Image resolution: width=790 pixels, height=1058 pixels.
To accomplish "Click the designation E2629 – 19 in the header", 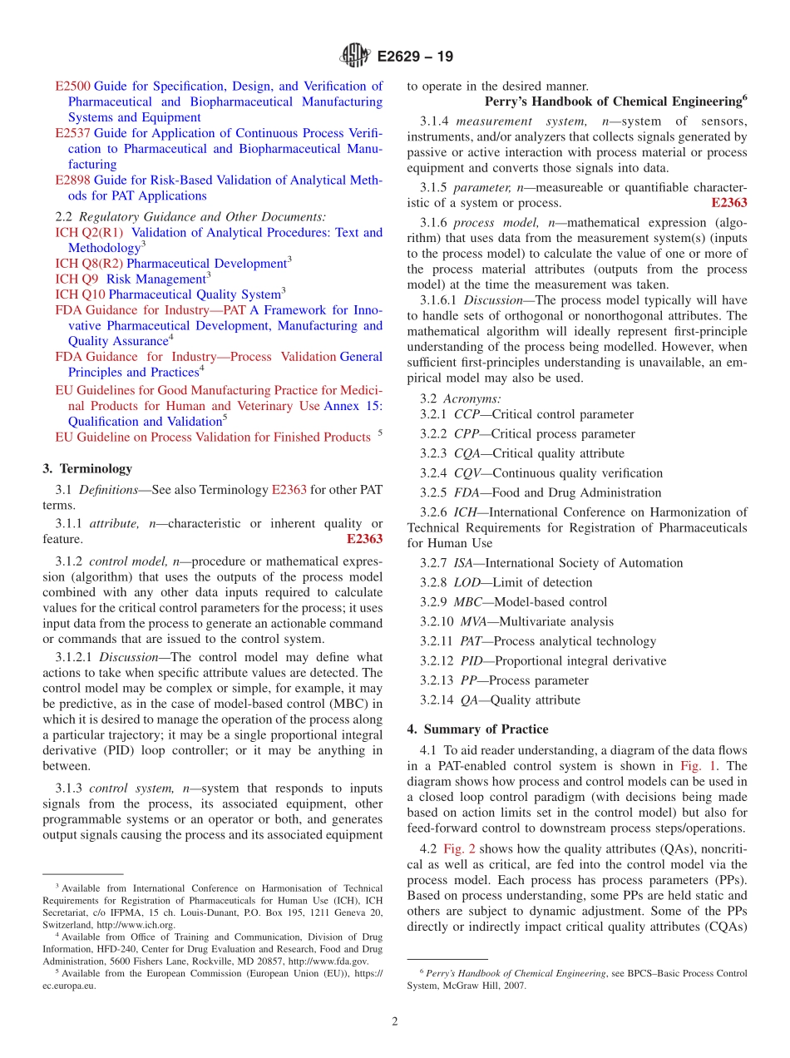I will coord(415,57).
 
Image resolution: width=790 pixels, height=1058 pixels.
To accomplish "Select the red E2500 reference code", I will coord(72,86).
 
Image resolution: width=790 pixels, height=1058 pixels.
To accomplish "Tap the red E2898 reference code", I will coord(72,180).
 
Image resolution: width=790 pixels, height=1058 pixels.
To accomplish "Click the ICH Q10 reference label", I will coord(80,294).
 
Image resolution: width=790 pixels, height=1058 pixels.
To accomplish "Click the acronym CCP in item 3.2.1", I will coord(467,414).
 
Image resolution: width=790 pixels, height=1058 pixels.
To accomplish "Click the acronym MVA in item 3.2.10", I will coord(474,621).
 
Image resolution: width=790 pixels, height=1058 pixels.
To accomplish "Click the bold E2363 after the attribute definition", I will coord(364,539).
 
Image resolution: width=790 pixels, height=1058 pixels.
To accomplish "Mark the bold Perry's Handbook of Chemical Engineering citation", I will coord(615,101).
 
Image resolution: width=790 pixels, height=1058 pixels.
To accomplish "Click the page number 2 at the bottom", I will coord(395,1021).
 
